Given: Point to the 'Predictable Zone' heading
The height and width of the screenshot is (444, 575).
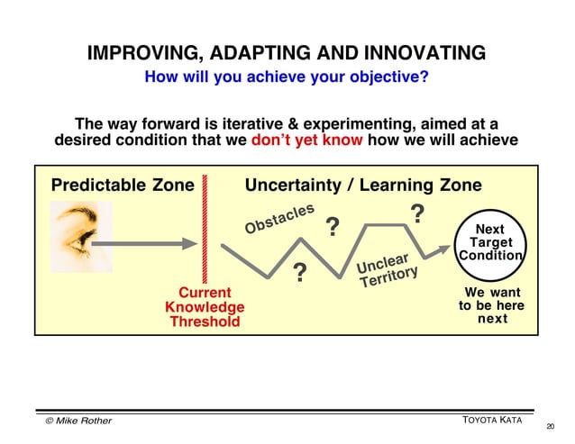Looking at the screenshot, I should point(123,186).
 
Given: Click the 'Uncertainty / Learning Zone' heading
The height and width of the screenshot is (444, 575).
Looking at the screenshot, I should point(363,186).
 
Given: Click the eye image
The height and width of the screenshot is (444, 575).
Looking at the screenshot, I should point(80,236).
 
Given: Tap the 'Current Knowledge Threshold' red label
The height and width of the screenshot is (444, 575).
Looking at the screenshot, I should point(205,307).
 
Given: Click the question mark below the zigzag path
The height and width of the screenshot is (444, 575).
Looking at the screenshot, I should point(300,272).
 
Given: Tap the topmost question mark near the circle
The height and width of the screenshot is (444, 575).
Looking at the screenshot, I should point(417,214).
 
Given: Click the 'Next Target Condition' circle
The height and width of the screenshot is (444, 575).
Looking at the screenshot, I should point(490,243).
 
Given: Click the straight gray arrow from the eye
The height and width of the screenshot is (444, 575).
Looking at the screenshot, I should point(154,243).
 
